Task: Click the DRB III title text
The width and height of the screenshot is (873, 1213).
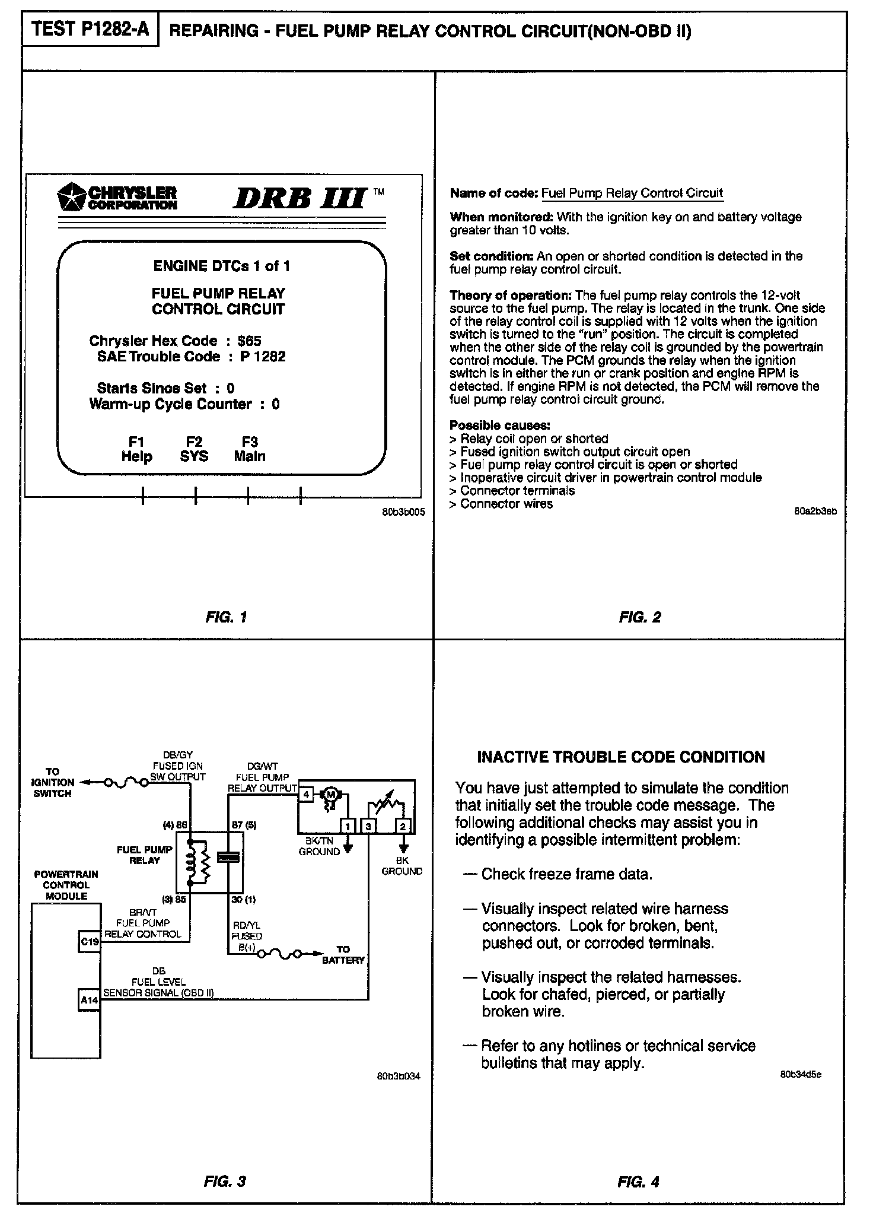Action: click(300, 198)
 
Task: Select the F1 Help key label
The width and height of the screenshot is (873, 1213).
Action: click(137, 449)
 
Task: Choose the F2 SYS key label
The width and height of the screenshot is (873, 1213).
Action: click(195, 449)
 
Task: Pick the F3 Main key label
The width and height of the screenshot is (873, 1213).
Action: click(250, 449)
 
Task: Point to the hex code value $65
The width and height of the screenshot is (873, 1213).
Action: click(249, 341)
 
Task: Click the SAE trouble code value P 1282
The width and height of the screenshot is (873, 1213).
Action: click(263, 357)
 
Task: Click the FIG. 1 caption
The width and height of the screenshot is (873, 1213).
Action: click(226, 617)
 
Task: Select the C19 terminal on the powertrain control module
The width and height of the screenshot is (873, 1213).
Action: click(90, 942)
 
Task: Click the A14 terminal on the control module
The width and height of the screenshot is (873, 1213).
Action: click(90, 1001)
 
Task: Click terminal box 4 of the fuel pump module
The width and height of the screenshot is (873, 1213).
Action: click(307, 794)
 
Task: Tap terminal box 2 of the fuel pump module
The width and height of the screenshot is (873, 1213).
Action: click(403, 826)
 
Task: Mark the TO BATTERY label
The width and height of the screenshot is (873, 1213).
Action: click(343, 955)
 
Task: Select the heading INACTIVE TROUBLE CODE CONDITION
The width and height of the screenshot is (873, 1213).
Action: click(621, 757)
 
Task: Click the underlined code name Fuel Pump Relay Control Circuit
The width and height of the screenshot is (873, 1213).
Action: click(632, 193)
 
